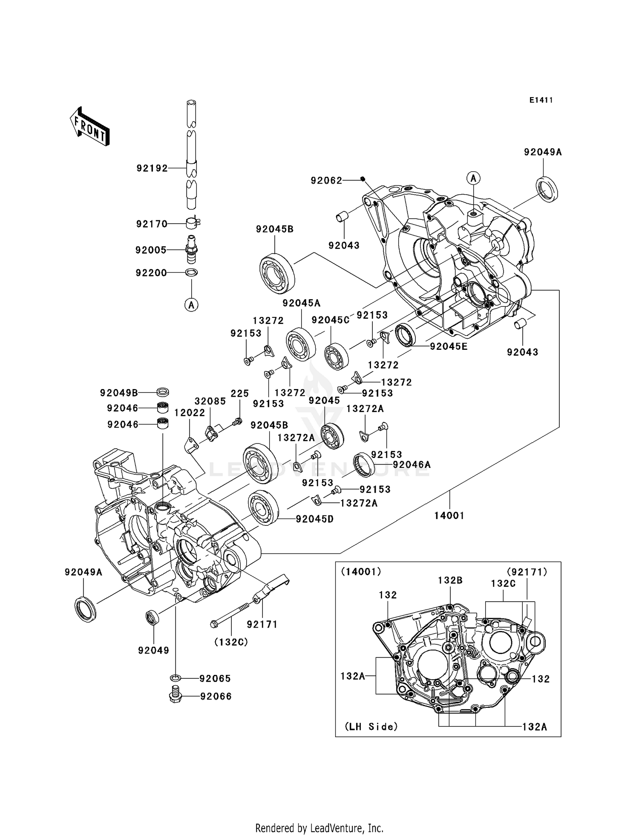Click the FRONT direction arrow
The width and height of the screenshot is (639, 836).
(89, 127)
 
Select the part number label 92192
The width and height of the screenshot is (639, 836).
(152, 168)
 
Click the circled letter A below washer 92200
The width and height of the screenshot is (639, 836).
(191, 305)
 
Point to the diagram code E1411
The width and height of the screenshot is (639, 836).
(541, 100)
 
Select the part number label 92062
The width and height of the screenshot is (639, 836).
(326, 181)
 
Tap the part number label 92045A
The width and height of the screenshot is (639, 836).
(301, 303)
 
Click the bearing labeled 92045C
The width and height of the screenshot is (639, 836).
(337, 357)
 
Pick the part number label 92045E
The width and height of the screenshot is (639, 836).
(449, 346)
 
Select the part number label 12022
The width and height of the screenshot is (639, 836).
(190, 412)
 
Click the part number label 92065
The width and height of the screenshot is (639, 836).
(215, 678)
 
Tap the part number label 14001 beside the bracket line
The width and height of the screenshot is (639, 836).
(449, 516)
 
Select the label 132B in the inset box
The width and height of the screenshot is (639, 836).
(450, 580)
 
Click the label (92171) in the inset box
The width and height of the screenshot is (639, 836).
(527, 571)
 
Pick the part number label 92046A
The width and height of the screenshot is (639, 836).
(412, 464)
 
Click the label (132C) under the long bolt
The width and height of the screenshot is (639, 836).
(231, 642)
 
